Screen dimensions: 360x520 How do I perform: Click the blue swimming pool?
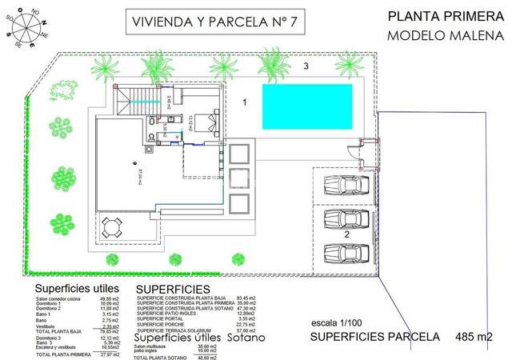307,105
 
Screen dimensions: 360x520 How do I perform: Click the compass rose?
25,26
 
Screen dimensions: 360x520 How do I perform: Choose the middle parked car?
346,218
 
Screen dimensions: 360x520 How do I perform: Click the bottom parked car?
346,253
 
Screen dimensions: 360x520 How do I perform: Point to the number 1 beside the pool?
246,102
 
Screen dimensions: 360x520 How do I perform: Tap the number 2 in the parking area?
347,235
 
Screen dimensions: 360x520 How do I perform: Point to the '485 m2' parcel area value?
475,338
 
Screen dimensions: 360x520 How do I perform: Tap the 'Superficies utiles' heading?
77,288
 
